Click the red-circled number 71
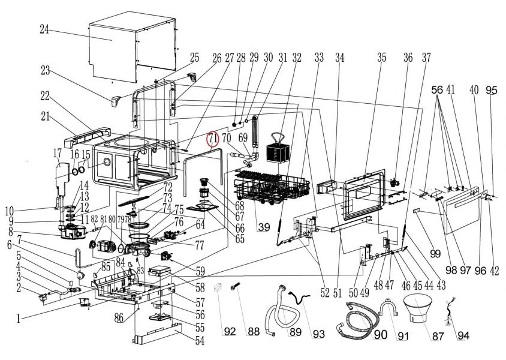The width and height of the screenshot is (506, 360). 213,139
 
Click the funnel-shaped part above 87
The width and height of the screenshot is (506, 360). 421,310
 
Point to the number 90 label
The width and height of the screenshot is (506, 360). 380,335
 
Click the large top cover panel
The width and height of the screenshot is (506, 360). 132,48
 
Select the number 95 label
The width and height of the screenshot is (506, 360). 492,90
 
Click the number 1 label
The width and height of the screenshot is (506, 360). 19,320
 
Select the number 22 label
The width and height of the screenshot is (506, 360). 44,96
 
